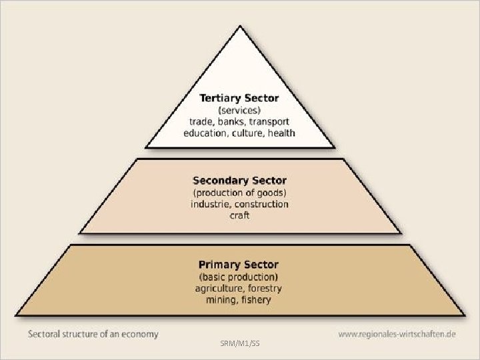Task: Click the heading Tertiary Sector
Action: pos(239,98)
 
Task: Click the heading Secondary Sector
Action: pos(239,181)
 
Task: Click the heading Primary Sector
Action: pos(239,265)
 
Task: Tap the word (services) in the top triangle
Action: pos(239,110)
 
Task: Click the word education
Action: pos(206,133)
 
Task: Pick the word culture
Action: pos(247,133)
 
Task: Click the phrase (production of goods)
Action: pos(239,193)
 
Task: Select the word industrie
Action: pos(211,204)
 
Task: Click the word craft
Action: pos(239,216)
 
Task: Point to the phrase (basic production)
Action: pos(239,277)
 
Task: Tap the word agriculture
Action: pos(219,289)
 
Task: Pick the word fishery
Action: pos(256,300)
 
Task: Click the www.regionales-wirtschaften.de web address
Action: pos(397,334)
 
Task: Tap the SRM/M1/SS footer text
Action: pos(239,343)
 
